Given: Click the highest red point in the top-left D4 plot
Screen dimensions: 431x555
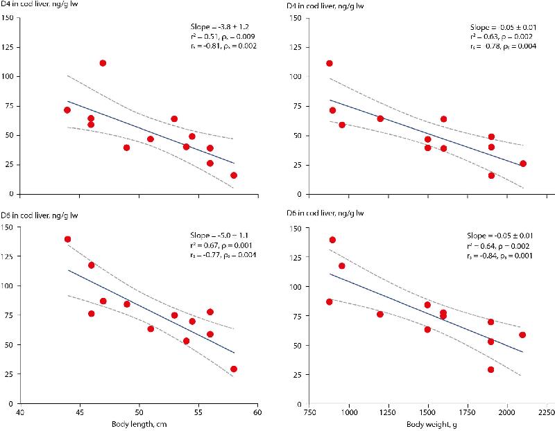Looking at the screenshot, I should (103, 63).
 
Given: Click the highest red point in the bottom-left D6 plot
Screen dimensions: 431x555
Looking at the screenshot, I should (67, 239).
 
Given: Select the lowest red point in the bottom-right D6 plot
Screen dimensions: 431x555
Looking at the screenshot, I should (491, 369).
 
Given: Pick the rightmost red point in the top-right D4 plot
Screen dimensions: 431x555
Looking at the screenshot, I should (523, 164).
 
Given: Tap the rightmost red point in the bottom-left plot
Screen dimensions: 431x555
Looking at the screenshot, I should (234, 369).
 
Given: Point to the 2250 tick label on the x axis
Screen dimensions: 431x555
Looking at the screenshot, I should (546, 411).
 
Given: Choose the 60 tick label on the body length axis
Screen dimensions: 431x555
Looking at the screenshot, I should (257, 411).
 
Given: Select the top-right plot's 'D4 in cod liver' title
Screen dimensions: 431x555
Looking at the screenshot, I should (323, 6).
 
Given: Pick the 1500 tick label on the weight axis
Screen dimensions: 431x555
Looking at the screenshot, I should (427, 411).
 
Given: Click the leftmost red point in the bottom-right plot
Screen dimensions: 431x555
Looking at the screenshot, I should (330, 301).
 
